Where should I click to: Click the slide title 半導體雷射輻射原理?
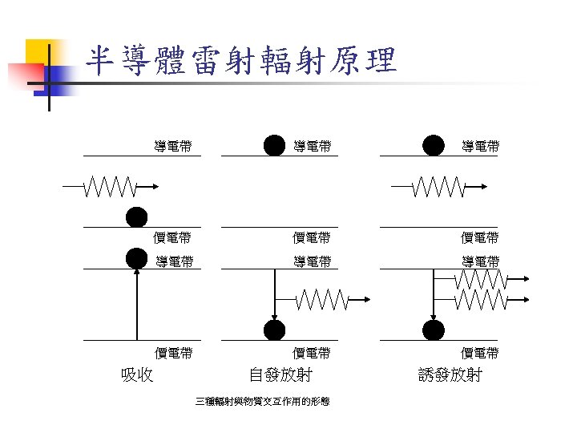241,60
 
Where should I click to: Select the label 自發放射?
280,374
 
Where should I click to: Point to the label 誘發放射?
450,374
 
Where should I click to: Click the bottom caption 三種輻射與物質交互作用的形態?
263,401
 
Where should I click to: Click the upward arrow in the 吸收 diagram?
137,305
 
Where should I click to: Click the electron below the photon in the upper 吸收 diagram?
137,217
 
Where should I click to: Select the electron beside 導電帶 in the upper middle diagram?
275,145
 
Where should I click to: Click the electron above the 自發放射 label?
275,330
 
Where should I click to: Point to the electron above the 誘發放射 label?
434,330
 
